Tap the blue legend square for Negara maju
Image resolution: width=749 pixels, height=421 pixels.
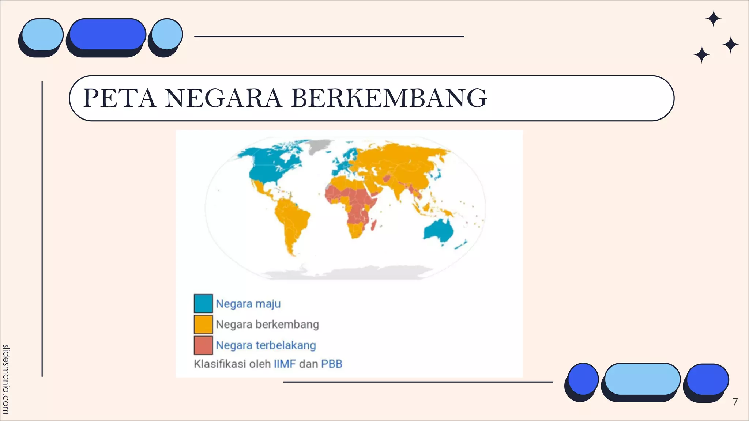pyautogui.click(x=203, y=303)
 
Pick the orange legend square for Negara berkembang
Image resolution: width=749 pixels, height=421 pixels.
pyautogui.click(x=203, y=324)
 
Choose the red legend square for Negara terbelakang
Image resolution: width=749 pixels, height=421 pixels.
pyautogui.click(x=203, y=345)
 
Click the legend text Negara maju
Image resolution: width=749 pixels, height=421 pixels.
pyautogui.click(x=248, y=304)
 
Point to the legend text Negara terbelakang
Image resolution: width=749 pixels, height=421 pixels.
pyautogui.click(x=266, y=345)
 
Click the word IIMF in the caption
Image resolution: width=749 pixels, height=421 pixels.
pyautogui.click(x=284, y=364)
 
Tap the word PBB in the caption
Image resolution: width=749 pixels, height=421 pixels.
pyautogui.click(x=331, y=364)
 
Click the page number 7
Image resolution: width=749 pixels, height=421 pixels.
pyautogui.click(x=735, y=402)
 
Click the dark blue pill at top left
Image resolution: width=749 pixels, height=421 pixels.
pyautogui.click(x=108, y=34)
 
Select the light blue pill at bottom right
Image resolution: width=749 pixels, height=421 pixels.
pyautogui.click(x=642, y=379)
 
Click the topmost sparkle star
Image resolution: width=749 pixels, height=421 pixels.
pyautogui.click(x=713, y=19)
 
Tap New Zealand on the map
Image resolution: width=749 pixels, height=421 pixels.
pyautogui.click(x=462, y=244)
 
